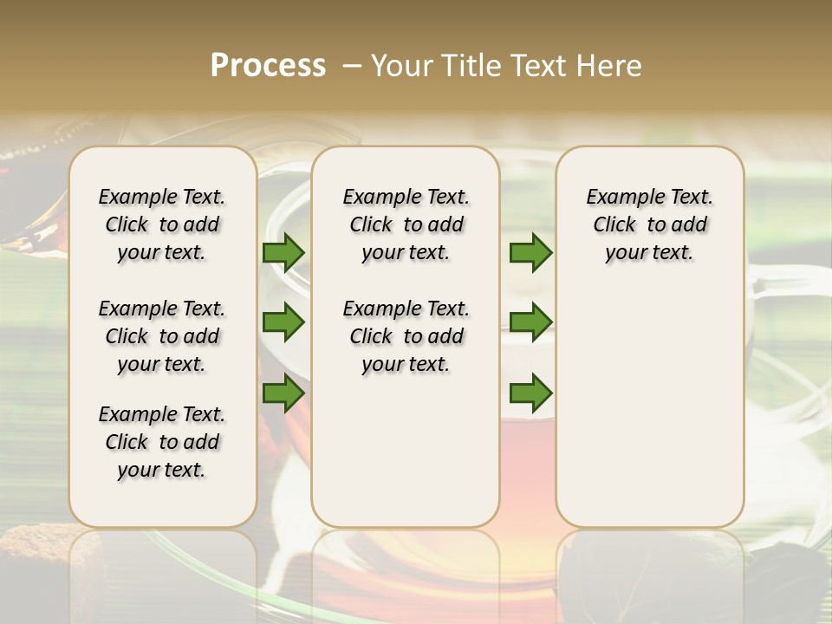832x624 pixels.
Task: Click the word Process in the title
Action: [x=268, y=66]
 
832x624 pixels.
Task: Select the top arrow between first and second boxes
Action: [x=283, y=252]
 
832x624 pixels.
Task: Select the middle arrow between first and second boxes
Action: [x=283, y=322]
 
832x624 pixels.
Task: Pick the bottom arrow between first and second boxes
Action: [x=283, y=393]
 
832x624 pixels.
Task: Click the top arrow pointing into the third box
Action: [x=530, y=252]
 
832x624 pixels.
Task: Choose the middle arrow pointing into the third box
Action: [x=530, y=322]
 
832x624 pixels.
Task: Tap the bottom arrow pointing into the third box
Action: [x=530, y=393]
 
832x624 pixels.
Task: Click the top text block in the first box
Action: [x=162, y=224]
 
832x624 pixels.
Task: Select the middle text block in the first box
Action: [x=162, y=336]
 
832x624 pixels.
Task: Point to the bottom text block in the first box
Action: [x=162, y=442]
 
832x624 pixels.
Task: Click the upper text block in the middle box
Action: [x=406, y=224]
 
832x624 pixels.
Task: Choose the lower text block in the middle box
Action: [x=406, y=336]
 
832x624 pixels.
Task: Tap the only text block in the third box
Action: [x=649, y=224]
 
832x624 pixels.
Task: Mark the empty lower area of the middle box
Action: [x=406, y=451]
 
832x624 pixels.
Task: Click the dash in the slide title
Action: [x=352, y=66]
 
